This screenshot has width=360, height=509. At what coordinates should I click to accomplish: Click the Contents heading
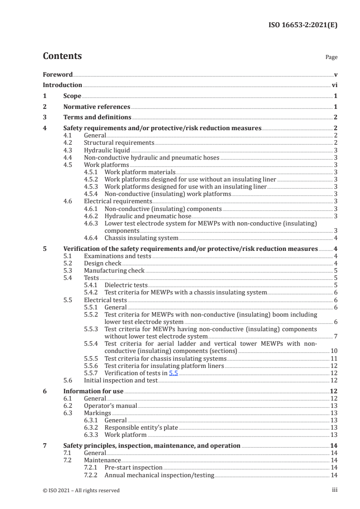coord(62,56)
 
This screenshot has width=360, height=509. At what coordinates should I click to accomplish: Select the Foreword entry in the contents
coord(58,74)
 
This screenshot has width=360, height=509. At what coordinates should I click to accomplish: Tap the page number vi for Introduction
coord(334,85)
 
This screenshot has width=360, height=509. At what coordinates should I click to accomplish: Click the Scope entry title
coord(72,96)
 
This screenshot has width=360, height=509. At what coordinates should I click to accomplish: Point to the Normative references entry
coord(97,107)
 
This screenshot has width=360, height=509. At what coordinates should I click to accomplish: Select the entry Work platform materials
coord(139,172)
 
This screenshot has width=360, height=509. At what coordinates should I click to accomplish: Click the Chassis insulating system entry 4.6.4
coord(141,238)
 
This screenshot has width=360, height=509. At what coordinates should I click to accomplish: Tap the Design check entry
coord(103,263)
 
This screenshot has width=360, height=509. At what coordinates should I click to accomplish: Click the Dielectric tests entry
coord(126,285)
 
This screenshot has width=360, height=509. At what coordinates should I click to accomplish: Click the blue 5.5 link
coord(174,372)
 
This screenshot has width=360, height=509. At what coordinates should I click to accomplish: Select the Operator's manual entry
coord(110,406)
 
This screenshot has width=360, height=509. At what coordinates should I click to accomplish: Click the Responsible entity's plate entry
coord(141,427)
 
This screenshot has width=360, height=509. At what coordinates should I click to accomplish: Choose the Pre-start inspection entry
coord(133,467)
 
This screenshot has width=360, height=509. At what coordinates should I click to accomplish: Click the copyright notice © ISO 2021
coord(81,490)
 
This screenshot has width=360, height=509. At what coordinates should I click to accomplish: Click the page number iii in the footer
coord(334,490)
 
